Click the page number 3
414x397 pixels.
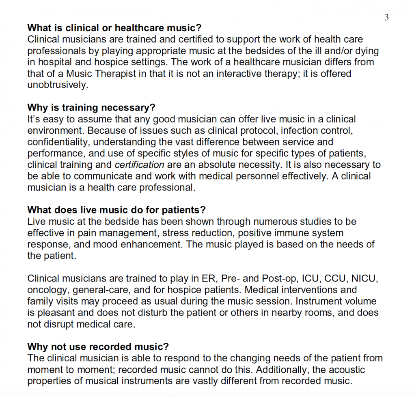click(x=386, y=17)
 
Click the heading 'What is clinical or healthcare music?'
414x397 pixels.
click(x=114, y=28)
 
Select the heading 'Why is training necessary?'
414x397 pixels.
click(x=91, y=108)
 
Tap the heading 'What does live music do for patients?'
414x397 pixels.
click(x=116, y=211)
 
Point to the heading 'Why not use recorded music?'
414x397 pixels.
click(x=98, y=347)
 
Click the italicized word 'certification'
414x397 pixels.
click(x=140, y=165)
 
